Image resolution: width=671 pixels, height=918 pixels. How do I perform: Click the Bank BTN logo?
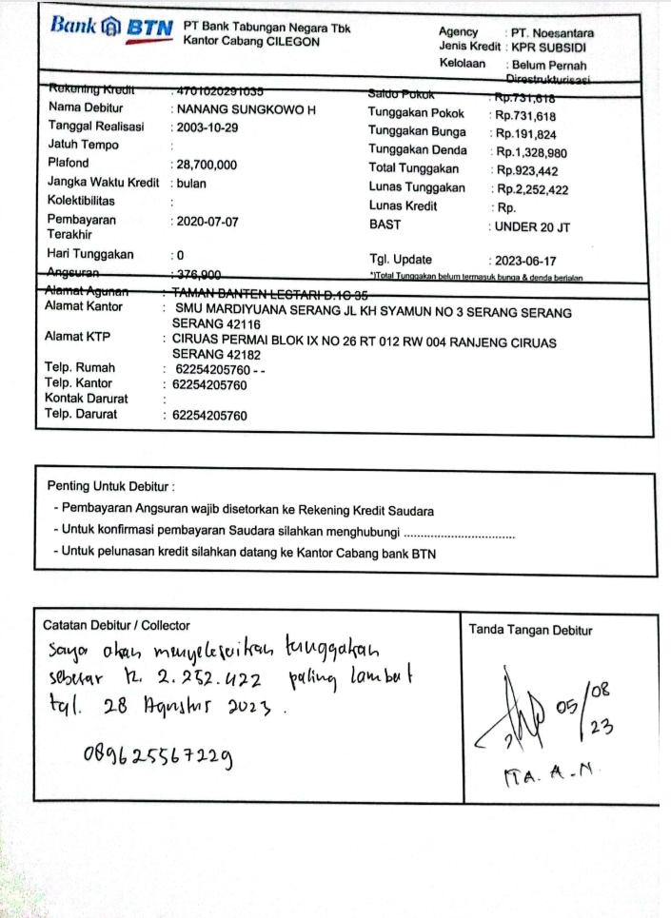tap(111, 28)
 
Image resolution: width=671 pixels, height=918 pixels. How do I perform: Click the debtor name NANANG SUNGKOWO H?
tap(245, 109)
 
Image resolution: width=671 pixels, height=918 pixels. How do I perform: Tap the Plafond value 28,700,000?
tap(205, 165)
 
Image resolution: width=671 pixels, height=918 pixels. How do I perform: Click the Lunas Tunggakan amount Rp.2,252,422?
tap(531, 189)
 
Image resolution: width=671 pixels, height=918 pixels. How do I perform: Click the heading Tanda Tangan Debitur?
tap(530, 630)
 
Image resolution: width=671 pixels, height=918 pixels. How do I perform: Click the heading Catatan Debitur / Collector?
tap(116, 625)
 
